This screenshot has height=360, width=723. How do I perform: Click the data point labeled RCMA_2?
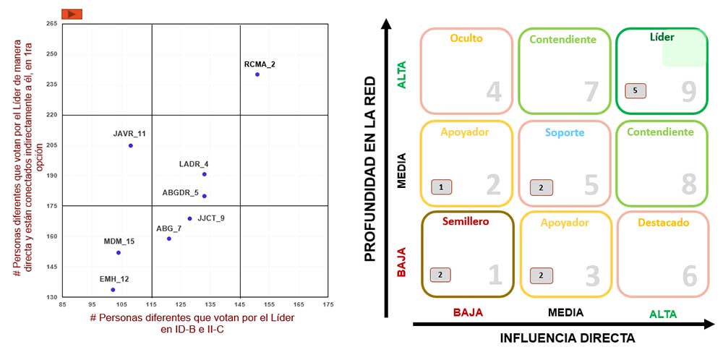(257, 74)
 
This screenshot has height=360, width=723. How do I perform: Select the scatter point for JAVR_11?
(130, 145)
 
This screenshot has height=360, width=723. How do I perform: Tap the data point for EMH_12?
(113, 290)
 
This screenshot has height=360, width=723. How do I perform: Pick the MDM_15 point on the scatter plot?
(119, 252)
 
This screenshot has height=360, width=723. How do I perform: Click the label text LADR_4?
(194, 164)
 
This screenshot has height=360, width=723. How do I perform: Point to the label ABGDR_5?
(180, 192)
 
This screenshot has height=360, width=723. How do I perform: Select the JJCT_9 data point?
(190, 218)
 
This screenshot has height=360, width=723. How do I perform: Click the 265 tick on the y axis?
(51, 24)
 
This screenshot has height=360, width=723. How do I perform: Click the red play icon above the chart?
(72, 14)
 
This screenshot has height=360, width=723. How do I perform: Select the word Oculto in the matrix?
(466, 38)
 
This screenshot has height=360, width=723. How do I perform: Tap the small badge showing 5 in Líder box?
(636, 91)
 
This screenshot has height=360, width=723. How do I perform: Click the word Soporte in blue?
(565, 132)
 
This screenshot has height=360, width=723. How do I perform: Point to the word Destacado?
(663, 223)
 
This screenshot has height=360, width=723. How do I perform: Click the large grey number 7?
(591, 91)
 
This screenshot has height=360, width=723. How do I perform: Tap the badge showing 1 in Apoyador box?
(442, 187)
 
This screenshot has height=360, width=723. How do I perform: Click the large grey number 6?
(689, 275)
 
